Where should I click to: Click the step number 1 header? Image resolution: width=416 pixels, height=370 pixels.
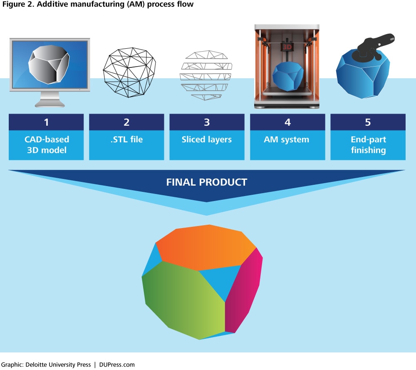pos(46,122)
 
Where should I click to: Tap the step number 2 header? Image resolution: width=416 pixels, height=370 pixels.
pos(126,122)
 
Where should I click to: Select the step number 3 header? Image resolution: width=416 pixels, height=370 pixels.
pos(207,122)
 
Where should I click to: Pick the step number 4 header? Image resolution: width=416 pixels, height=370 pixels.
pos(287,122)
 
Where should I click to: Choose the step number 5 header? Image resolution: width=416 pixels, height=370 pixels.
pos(368,122)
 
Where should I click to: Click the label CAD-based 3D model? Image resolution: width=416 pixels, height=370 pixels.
pos(47,145)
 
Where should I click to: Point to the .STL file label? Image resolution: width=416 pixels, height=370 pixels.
pos(126,139)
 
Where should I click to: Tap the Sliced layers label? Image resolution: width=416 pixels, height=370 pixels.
pos(207,139)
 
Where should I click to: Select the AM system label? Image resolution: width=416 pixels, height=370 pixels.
pos(287,139)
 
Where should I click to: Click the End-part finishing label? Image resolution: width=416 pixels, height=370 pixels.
pos(368,145)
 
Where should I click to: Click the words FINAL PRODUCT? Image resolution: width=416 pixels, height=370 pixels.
pos(207,182)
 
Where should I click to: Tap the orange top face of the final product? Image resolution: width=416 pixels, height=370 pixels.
pos(206,247)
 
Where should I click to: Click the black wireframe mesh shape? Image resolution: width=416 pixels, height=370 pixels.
pos(129,72)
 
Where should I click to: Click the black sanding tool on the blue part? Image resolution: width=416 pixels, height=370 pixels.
pos(373,47)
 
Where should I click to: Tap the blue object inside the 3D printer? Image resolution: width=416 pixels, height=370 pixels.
pos(288,77)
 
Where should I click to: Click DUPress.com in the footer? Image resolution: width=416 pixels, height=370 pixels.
pos(117,365)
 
